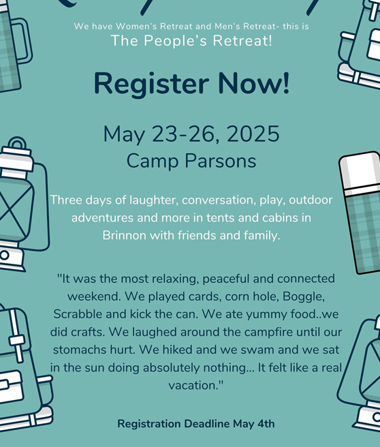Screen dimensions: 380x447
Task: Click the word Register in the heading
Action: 151,83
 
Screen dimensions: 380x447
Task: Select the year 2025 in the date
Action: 253,134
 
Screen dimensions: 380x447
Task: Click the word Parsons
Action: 221,161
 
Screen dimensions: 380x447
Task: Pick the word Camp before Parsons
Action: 153,161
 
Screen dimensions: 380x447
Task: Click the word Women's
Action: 136,26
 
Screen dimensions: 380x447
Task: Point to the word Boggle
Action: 304,297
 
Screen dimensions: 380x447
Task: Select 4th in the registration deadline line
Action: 266,424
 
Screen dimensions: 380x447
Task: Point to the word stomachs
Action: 76,350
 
